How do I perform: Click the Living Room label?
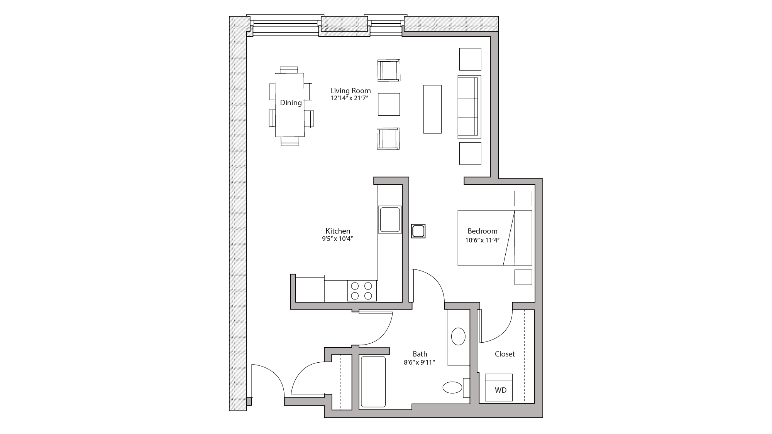[350, 91]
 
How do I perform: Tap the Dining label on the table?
[291, 103]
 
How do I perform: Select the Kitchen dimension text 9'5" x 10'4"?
[338, 239]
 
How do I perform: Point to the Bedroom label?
[482, 231]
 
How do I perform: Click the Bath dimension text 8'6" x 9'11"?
[420, 362]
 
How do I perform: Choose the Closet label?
[505, 354]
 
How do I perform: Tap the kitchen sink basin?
[390, 219]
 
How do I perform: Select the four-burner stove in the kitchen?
[362, 291]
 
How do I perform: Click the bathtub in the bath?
[373, 382]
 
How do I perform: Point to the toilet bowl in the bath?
[453, 387]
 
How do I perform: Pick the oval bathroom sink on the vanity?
[458, 336]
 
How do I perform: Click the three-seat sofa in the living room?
[469, 107]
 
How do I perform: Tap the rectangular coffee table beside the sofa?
[432, 109]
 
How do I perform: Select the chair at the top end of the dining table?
[289, 70]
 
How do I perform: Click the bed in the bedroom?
[494, 238]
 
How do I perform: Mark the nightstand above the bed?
[523, 198]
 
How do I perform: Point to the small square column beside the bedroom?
[418, 231]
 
